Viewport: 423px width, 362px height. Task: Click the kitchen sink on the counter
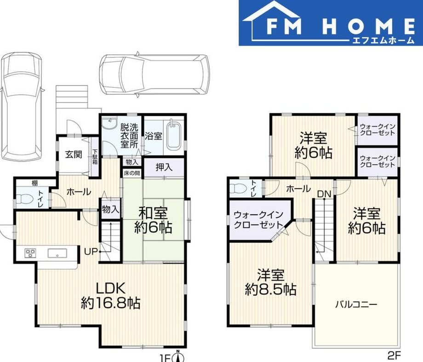(x=57, y=253)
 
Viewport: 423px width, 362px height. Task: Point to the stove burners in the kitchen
(x=30, y=253)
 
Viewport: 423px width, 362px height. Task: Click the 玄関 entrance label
(x=74, y=155)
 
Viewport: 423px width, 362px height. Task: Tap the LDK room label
(x=111, y=288)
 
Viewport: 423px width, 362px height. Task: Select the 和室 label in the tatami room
(x=153, y=213)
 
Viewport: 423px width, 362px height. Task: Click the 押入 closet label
(x=164, y=167)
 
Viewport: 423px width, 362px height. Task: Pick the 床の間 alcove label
(x=131, y=173)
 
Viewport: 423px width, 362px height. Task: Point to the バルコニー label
(x=356, y=305)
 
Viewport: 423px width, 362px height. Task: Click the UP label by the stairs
(x=91, y=252)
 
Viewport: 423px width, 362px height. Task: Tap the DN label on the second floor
(x=324, y=194)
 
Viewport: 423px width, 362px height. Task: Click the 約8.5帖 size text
(x=270, y=289)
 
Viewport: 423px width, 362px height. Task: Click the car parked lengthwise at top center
(x=154, y=75)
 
